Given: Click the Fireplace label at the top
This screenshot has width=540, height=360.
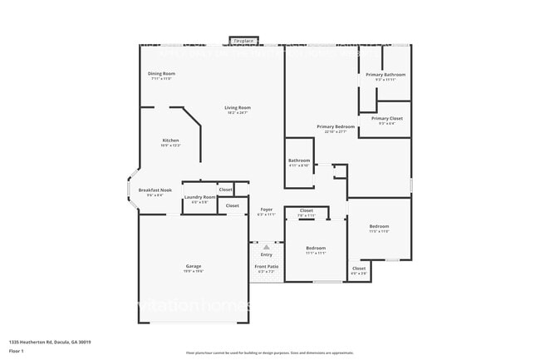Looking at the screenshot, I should coord(243,40).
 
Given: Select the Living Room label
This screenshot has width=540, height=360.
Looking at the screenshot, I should coord(238,109).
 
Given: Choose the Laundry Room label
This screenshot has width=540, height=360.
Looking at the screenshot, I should coord(199,199).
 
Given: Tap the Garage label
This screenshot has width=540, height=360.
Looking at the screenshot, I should coord(194,268).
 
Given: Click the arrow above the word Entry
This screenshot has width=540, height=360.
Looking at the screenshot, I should coord(266,247).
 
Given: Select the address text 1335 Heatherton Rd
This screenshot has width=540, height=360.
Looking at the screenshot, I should coord(50,342).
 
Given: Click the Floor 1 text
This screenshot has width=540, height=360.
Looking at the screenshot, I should coord(17,351).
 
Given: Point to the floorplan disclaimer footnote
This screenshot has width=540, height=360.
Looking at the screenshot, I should coord(269,353).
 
